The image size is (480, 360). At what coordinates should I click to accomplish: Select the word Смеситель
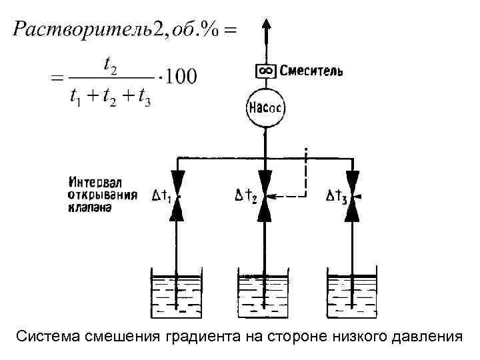pyautogui.click(x=311, y=71)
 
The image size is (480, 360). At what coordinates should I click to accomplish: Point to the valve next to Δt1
pyautogui.click(x=177, y=196)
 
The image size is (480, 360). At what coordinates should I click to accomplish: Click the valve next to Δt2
pyautogui.click(x=266, y=196)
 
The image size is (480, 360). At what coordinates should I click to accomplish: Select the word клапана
pyautogui.click(x=90, y=207)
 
